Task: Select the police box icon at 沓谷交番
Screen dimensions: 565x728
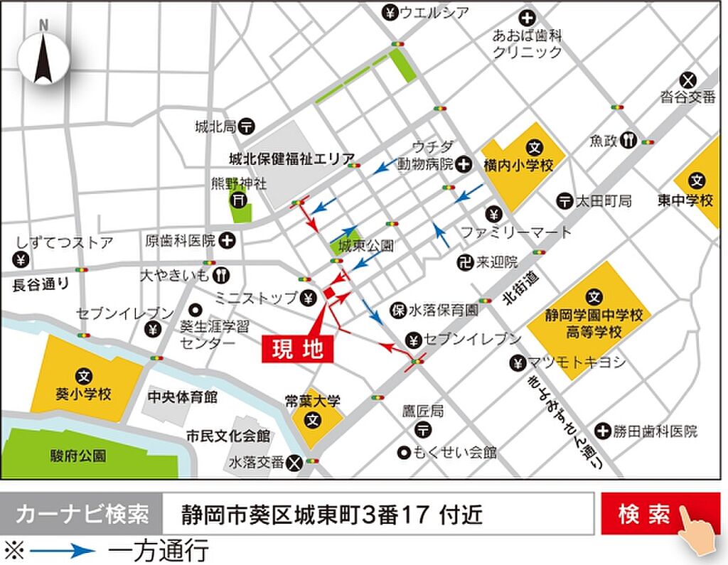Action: tap(687, 79)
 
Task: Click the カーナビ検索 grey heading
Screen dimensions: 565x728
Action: tap(82, 514)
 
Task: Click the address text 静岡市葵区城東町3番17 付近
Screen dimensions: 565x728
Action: tap(331, 514)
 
